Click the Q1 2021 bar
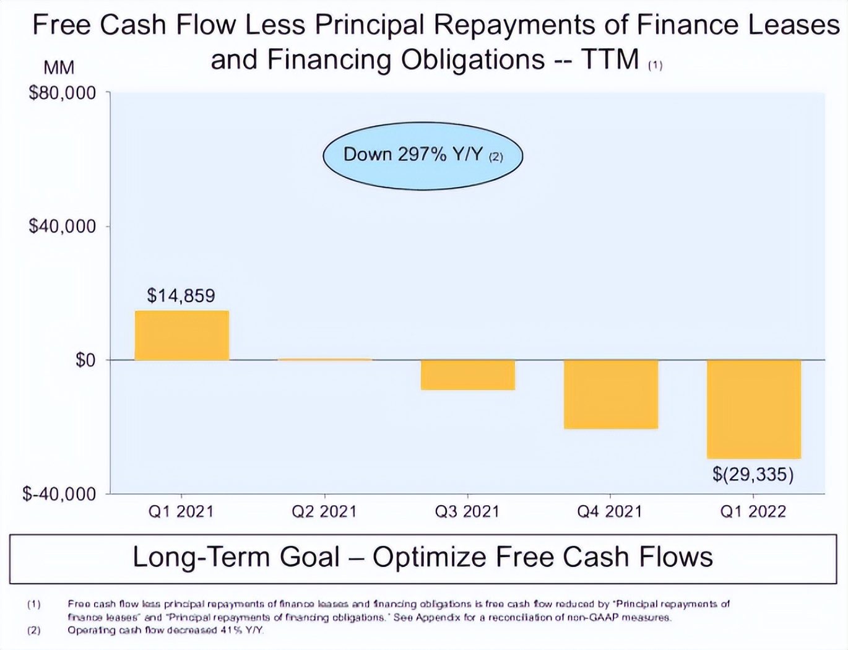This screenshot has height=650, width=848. point(181,335)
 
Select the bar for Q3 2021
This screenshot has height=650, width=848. point(467,375)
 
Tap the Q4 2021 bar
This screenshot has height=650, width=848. point(610,394)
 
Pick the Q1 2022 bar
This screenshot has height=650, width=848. point(753,409)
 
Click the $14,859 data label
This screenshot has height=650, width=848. point(181,296)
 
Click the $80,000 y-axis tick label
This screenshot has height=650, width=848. point(63,93)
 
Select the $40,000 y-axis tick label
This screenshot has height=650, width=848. point(63,226)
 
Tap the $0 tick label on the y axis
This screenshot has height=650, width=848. point(85,360)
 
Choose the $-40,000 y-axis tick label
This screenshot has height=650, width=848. point(59,494)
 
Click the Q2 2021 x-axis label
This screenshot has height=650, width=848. point(324,511)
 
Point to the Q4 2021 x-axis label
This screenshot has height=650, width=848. point(610,511)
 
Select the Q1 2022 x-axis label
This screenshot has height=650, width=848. point(753,511)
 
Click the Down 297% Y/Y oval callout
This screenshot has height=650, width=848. point(423,155)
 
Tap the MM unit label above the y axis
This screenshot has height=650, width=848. point(59,67)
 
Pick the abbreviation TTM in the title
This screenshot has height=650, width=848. point(610,60)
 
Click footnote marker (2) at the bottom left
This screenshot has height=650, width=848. point(33,630)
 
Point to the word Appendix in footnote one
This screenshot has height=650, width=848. point(438,617)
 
